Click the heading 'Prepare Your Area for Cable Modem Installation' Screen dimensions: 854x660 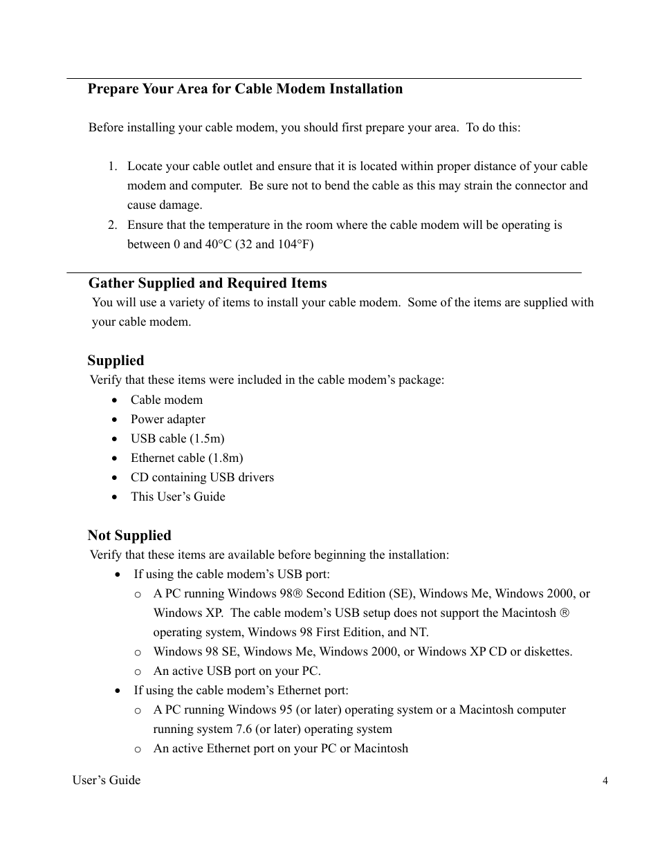coord(245,89)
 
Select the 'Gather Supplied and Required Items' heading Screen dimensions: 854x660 coord(208,283)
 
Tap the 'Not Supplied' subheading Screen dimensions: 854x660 coord(129,535)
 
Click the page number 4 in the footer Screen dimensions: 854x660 coord(605,781)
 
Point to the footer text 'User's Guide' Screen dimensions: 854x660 coord(107,780)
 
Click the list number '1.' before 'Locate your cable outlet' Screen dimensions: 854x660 coord(113,166)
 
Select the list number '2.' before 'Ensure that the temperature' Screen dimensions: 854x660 coord(113,225)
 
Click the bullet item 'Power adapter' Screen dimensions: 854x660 coord(168,419)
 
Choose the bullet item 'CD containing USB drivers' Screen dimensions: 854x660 coord(202,477)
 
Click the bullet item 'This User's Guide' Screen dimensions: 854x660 coord(178,496)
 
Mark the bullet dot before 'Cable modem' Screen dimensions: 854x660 coord(115,400)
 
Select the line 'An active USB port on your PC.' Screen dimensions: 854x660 coord(237,671)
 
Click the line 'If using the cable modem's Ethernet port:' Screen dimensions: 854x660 coord(241,690)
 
